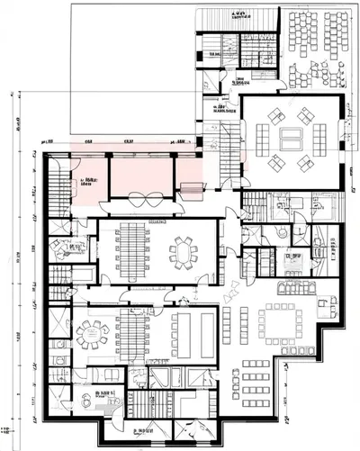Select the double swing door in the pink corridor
149,196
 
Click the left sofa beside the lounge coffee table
263,138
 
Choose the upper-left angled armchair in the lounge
274,114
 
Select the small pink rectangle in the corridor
191,188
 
